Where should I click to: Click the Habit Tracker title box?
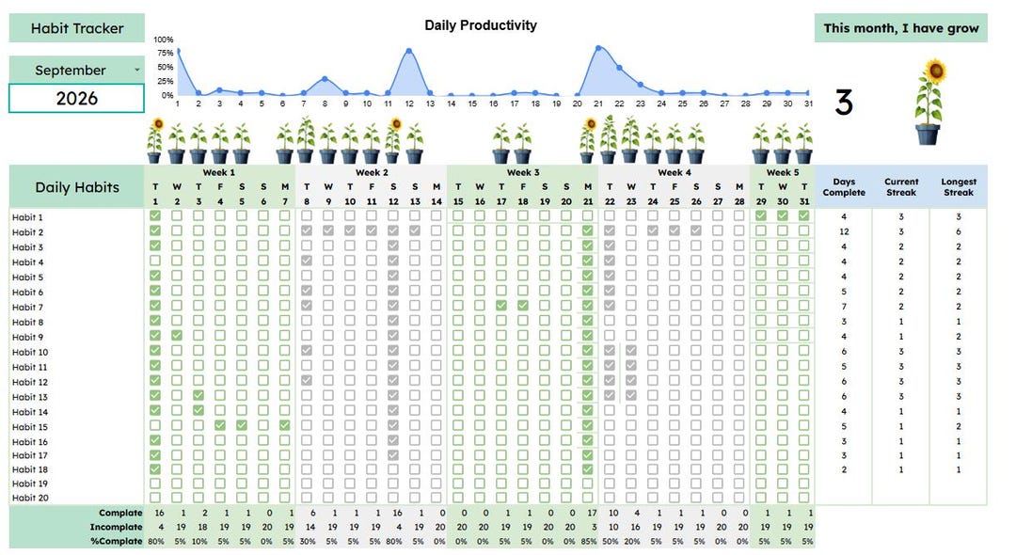pyautogui.click(x=76, y=28)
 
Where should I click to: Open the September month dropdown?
pyautogui.click(x=136, y=70)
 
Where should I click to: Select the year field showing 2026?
pyautogui.click(x=76, y=99)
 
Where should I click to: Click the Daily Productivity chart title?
pyautogui.click(x=481, y=25)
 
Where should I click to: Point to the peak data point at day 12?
pyautogui.click(x=409, y=51)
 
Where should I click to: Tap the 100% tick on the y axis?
pyautogui.click(x=164, y=40)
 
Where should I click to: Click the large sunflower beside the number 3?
pyautogui.click(x=929, y=103)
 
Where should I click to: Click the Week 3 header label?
pyautogui.click(x=523, y=172)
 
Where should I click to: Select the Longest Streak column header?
pyautogui.click(x=959, y=187)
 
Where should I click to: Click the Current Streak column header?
pyautogui.click(x=901, y=187)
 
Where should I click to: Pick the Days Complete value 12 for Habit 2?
pyautogui.click(x=844, y=231)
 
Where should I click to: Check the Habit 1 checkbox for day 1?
pyautogui.click(x=155, y=215)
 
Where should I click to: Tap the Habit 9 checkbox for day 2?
pyautogui.click(x=177, y=336)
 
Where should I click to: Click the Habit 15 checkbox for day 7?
pyautogui.click(x=285, y=425)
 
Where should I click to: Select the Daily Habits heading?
pyautogui.click(x=77, y=187)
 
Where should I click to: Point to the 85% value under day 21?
pyautogui.click(x=588, y=542)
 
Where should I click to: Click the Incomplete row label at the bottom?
pyautogui.click(x=116, y=527)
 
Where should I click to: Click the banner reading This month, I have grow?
pyautogui.click(x=900, y=28)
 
